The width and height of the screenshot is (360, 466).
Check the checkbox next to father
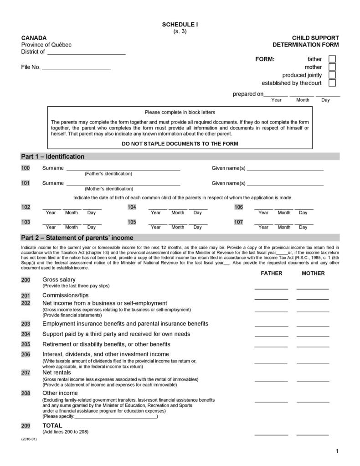(x=332, y=59)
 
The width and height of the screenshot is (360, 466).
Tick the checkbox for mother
(x=332, y=67)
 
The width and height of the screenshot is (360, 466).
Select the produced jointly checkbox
(x=332, y=75)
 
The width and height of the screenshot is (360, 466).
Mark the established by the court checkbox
(x=332, y=83)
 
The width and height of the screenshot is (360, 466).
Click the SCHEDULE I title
(x=180, y=24)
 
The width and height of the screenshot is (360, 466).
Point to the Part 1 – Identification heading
(x=53, y=156)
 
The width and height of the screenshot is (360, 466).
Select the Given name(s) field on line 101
(x=285, y=184)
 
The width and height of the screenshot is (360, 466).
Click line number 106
(x=238, y=207)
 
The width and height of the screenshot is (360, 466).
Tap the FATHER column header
(x=271, y=273)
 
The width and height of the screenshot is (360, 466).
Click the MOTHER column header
(x=313, y=273)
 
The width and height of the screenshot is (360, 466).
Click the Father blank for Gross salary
(x=271, y=287)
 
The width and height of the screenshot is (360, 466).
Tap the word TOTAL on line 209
(x=52, y=425)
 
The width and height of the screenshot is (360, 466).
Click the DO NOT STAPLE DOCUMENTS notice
(x=180, y=144)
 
